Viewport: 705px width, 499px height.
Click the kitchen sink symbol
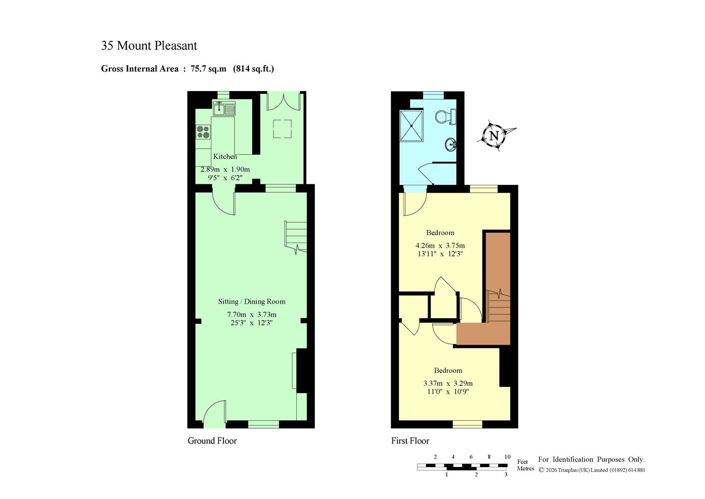coord(224,109)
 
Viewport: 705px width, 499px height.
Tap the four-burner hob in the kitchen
coord(203,132)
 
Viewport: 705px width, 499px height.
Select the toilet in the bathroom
coord(446,116)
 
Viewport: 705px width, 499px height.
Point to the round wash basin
coord(451,145)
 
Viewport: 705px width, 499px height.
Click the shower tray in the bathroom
coord(411,126)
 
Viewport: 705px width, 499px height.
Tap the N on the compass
coord(494,136)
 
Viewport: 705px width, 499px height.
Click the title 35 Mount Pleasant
coord(149,46)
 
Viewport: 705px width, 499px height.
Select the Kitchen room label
coord(225,157)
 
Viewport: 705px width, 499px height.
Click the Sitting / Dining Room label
coord(252,301)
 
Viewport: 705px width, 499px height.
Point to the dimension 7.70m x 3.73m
coord(252,314)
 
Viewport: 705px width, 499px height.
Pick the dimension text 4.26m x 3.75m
coord(440,245)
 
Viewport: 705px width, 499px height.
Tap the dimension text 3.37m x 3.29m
coord(448,383)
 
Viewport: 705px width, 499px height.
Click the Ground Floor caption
coord(212,441)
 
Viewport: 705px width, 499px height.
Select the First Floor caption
coord(410,441)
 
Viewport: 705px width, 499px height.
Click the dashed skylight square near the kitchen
coord(282,129)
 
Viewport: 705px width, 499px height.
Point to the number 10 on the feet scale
coord(507,457)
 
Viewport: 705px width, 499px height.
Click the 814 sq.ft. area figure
coord(253,69)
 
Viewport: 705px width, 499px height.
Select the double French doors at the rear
coord(283,102)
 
